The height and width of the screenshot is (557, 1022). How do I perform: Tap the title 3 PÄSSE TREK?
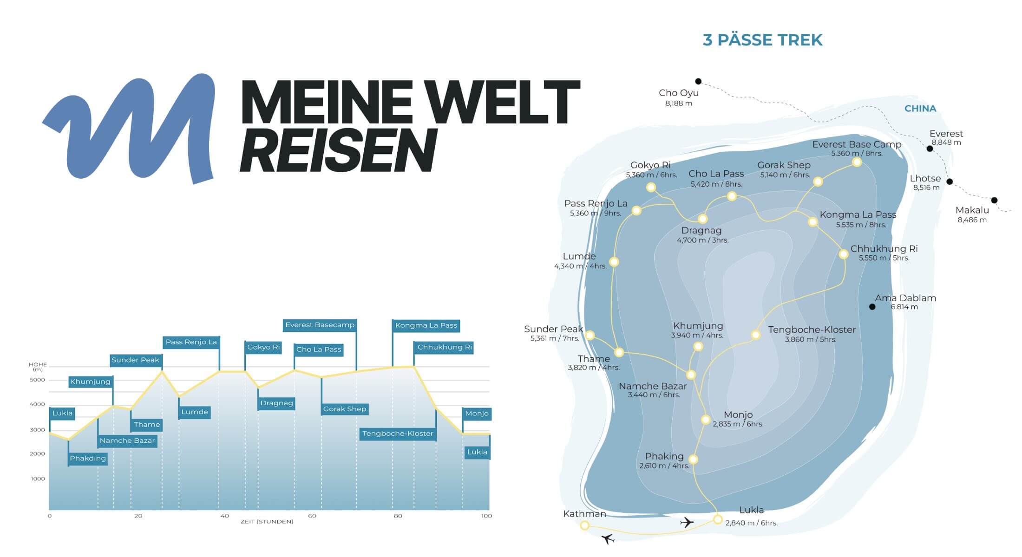762,40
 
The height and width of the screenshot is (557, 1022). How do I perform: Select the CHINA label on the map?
920,109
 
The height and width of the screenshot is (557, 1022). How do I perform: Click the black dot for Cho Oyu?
698,81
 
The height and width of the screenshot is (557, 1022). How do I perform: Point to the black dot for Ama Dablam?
872,307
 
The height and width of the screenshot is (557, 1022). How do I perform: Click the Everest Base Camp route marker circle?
857,162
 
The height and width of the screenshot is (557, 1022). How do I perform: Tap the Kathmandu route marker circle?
585,525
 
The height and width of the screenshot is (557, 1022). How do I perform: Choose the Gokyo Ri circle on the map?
651,187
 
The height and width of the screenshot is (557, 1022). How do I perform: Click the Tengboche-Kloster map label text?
812,330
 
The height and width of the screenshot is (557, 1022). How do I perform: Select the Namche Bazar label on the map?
652,386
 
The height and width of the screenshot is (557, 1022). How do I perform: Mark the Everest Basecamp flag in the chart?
320,325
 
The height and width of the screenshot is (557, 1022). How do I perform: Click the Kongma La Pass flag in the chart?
426,325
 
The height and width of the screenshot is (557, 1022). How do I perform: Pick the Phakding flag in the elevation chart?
88,459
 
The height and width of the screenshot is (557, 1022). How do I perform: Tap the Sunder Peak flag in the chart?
135,360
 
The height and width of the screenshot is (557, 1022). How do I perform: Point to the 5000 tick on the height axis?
37,380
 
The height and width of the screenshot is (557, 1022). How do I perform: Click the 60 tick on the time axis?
312,516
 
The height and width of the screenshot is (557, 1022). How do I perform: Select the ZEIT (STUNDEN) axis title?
267,522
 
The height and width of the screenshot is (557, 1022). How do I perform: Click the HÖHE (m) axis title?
38,367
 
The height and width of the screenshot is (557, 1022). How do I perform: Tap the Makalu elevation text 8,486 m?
972,220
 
